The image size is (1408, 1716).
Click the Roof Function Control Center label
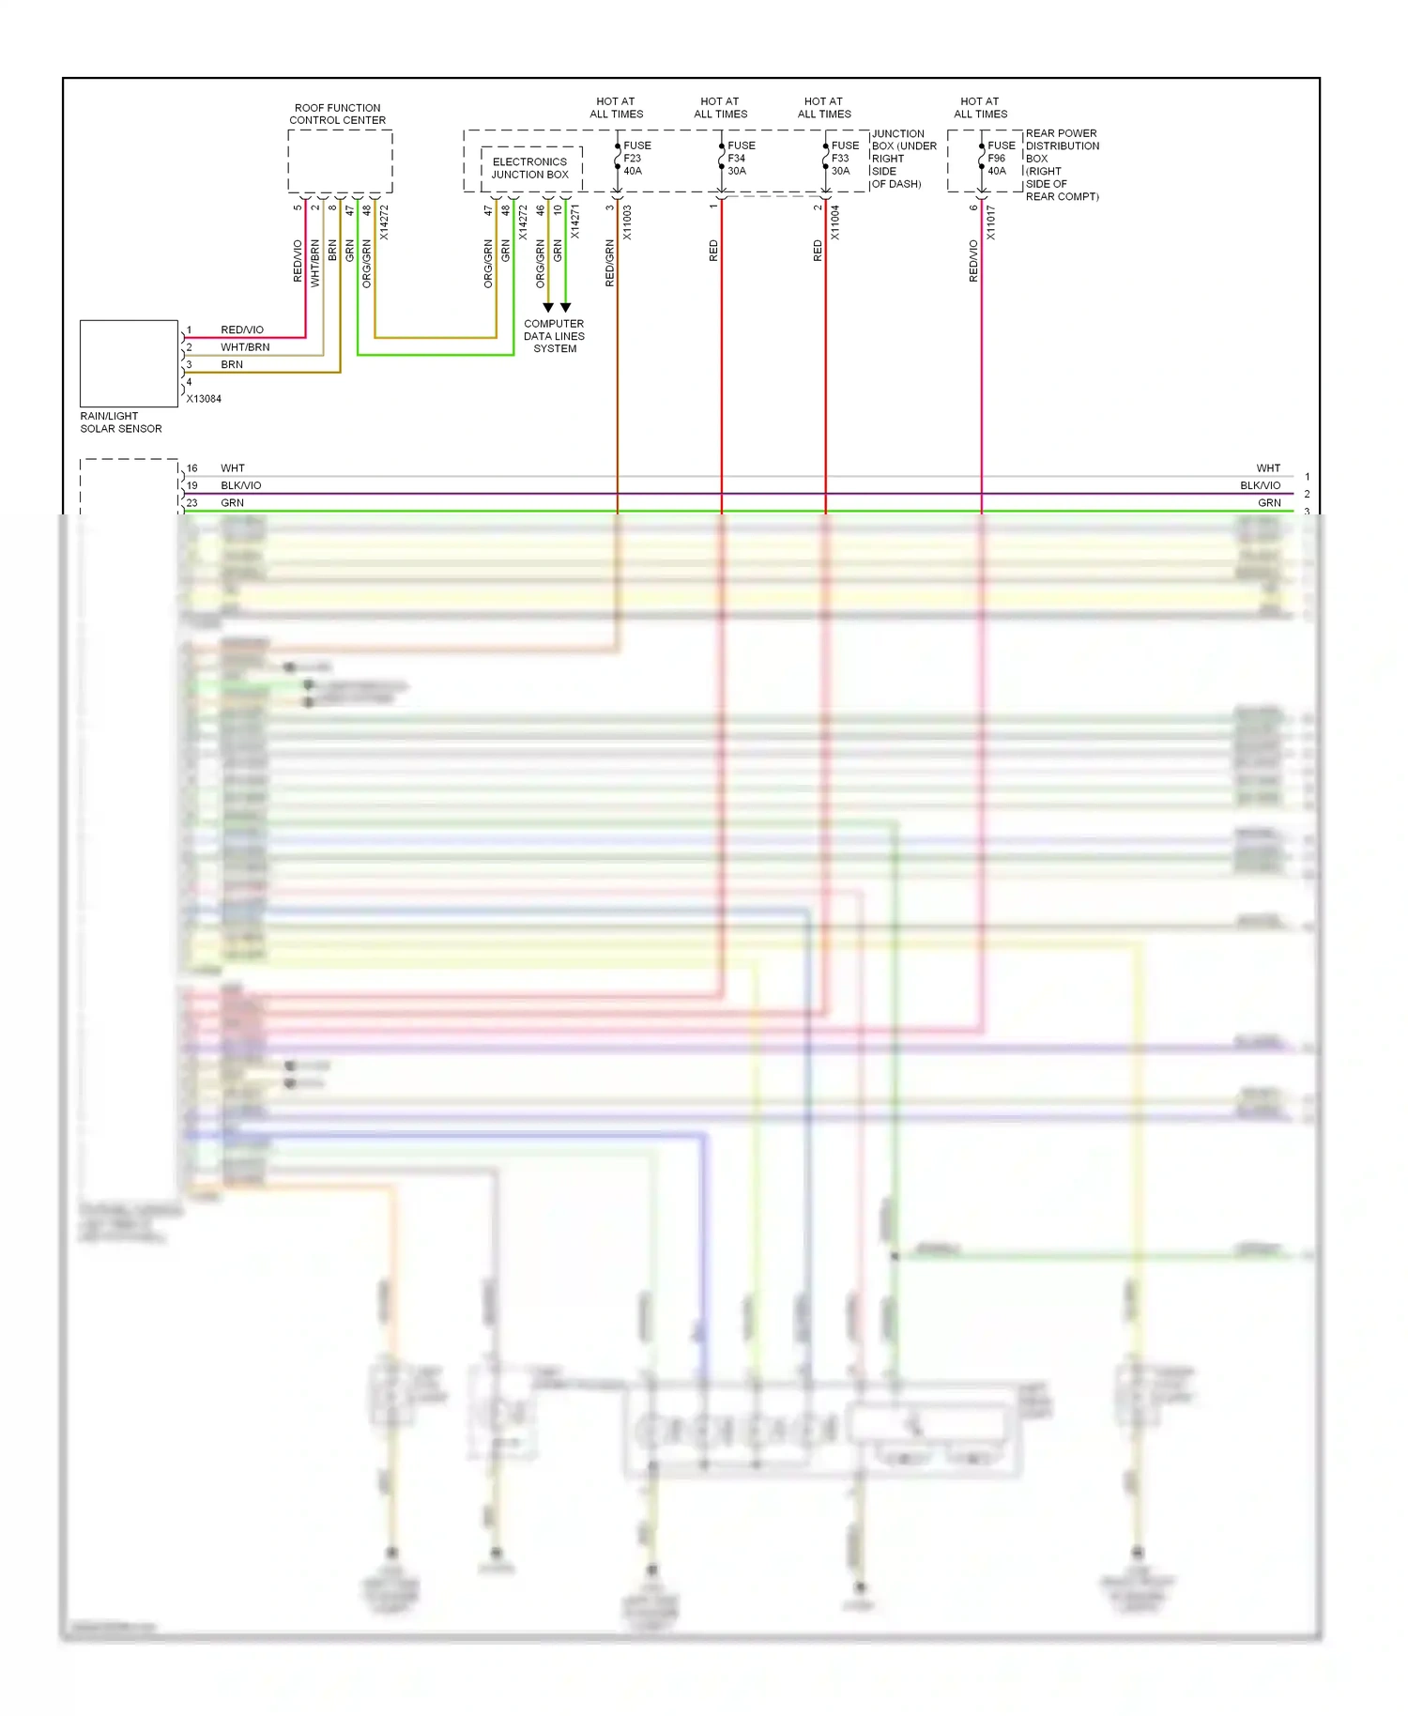(337, 114)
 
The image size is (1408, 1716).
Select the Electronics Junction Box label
(530, 168)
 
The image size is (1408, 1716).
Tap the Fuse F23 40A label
(635, 158)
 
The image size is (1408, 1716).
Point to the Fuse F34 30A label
(740, 158)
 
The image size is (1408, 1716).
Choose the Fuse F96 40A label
(1000, 158)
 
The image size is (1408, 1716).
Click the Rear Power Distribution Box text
(1062, 164)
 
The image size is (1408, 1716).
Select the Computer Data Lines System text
(554, 336)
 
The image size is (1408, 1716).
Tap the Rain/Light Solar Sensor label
(120, 422)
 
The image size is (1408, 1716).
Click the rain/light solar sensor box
(129, 363)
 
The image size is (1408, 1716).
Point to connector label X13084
(204, 399)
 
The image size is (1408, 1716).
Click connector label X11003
(627, 222)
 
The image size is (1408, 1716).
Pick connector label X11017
(990, 222)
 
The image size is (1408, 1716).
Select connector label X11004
(834, 222)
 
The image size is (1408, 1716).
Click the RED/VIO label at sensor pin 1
(242, 329)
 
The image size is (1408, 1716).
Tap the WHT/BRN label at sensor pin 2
(245, 347)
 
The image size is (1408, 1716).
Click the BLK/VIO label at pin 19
(241, 485)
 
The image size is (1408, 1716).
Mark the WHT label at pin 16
(233, 467)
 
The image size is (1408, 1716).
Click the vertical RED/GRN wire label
(609, 263)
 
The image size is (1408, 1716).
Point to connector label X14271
(574, 222)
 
